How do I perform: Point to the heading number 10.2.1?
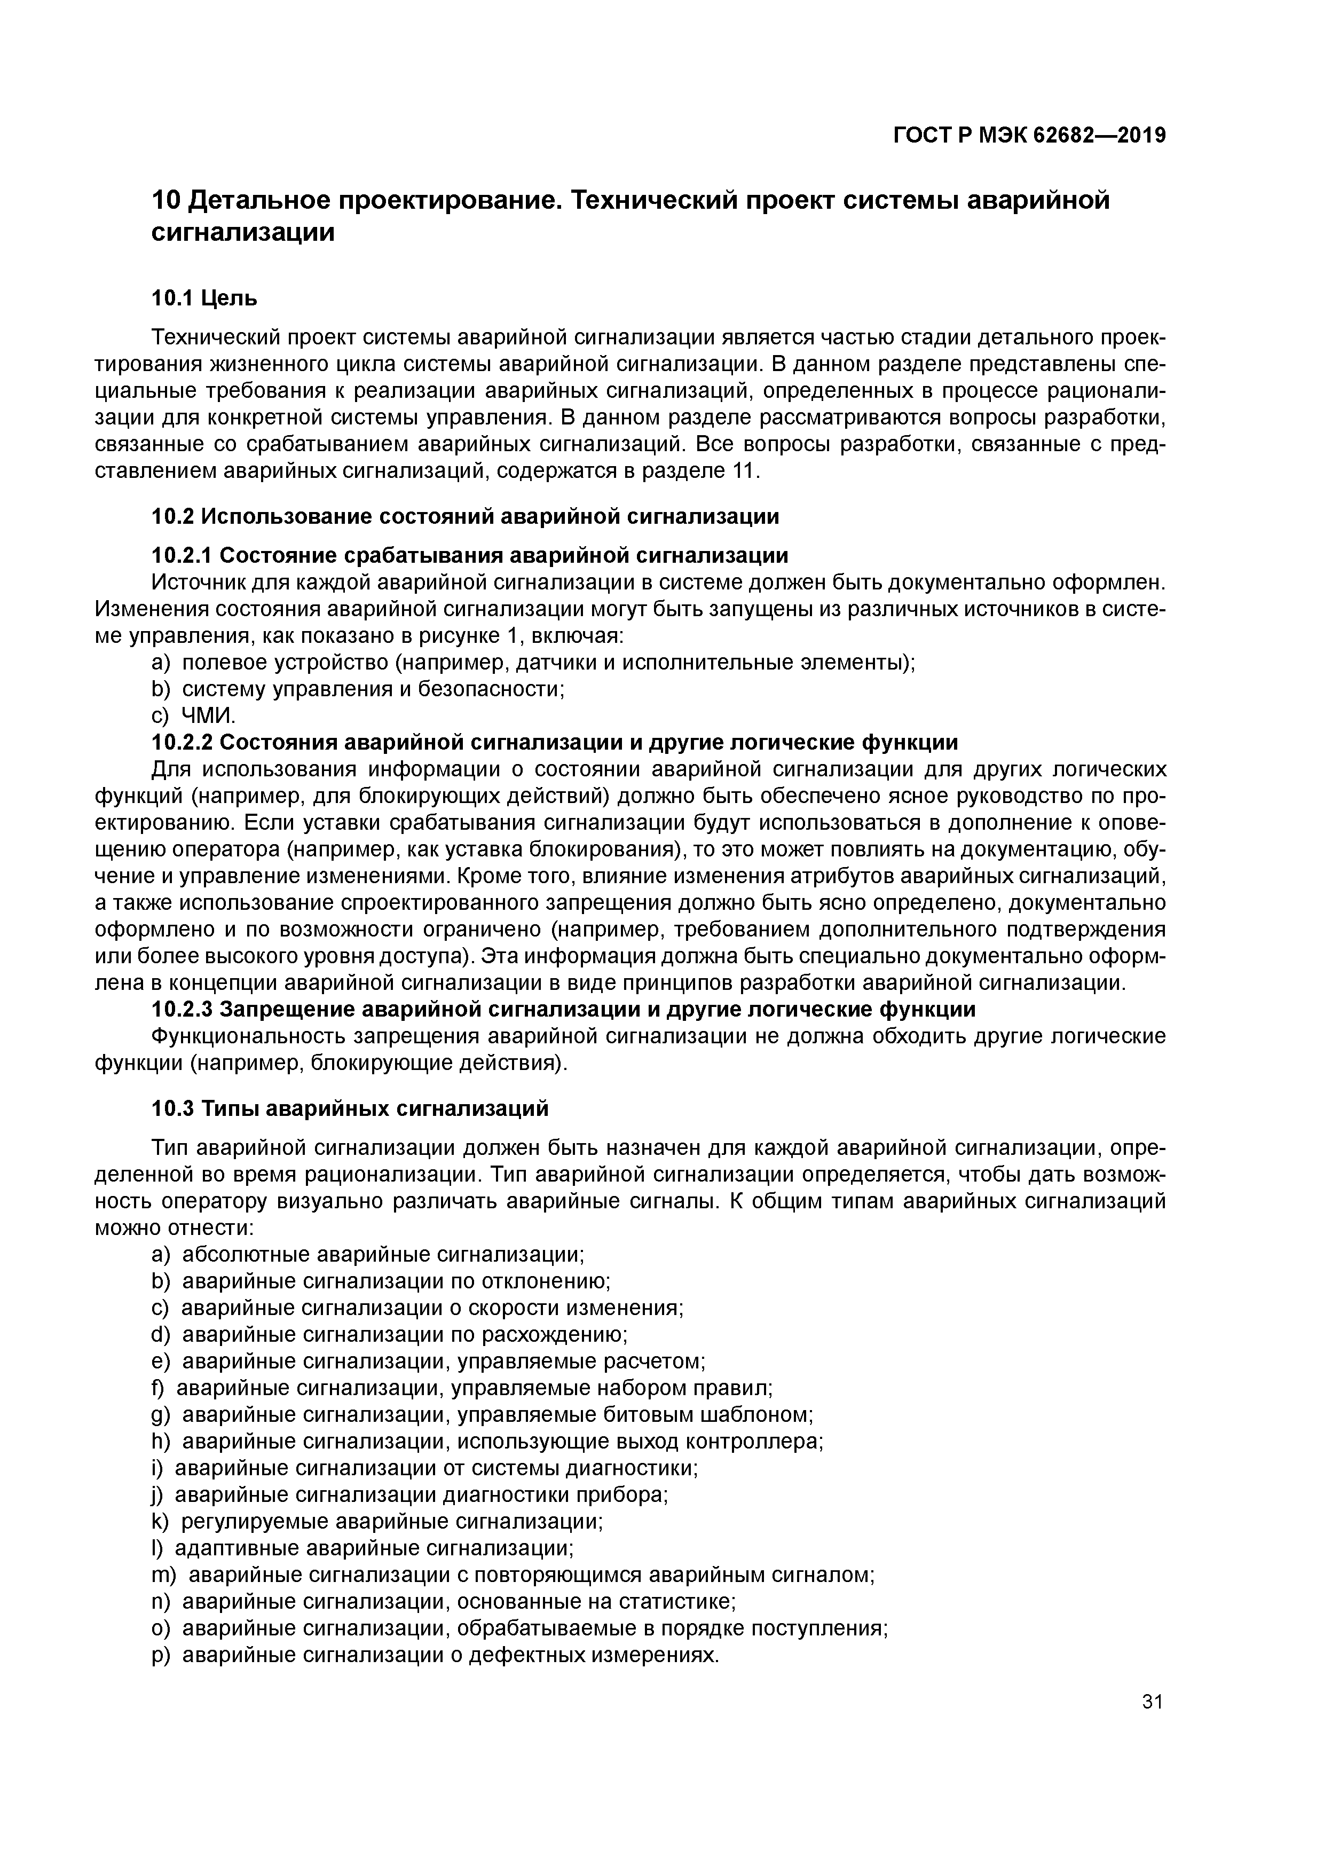pyautogui.click(x=182, y=555)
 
